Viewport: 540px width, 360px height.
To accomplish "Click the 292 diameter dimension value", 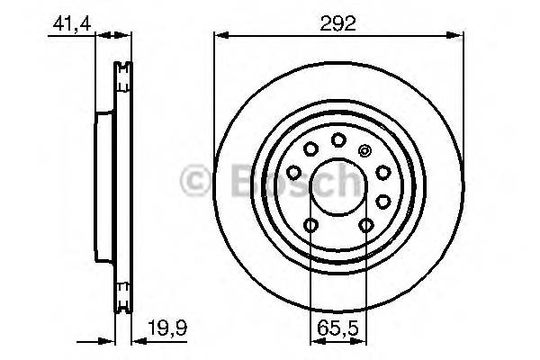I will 339,24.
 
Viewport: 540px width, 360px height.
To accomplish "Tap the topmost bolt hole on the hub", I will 338,139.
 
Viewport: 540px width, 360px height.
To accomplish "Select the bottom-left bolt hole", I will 311,225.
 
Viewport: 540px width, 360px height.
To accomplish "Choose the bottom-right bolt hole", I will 365,225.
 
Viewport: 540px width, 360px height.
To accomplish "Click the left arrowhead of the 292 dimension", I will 219,36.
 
